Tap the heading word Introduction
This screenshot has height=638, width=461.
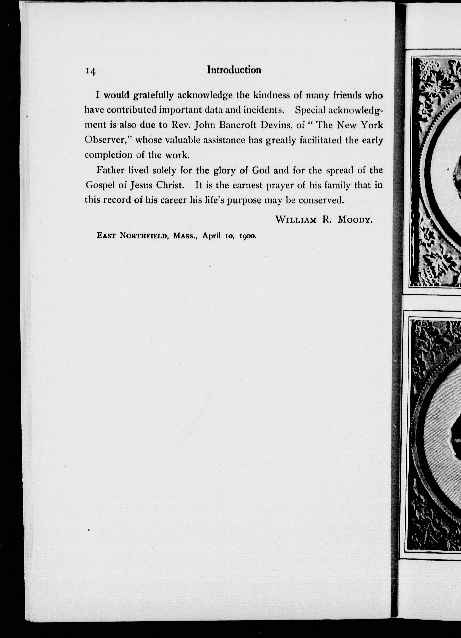pos(234,70)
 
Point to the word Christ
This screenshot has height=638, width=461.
pos(170,185)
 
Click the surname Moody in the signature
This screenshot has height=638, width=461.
pos(355,220)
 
